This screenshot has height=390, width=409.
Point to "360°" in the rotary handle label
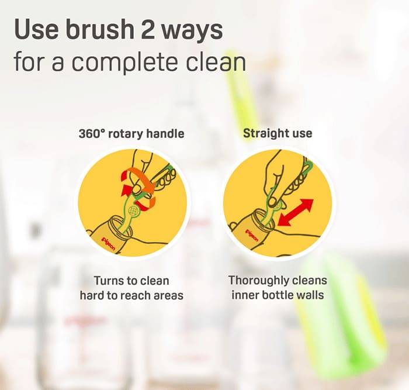pos(92,134)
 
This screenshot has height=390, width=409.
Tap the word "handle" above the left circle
pos(165,133)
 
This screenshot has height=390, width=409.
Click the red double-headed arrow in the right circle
pos(296,212)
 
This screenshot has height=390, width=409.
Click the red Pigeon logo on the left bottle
pos(108,244)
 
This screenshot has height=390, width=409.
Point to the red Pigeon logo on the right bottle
pos(251,236)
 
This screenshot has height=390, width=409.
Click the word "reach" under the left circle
pos(136,296)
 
